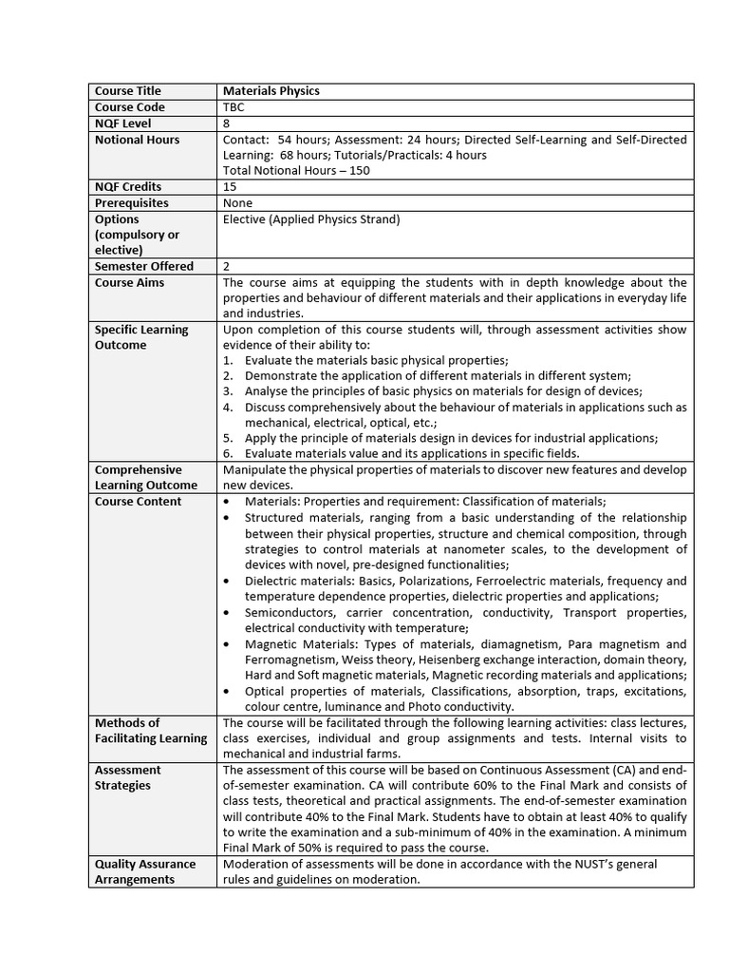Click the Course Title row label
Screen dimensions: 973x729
[128, 91]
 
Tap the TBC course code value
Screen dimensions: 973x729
[234, 107]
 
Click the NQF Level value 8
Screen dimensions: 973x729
[227, 124]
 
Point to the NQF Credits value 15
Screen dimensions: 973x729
[230, 187]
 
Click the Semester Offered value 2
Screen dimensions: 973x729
[227, 267]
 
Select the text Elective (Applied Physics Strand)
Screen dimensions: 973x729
[311, 219]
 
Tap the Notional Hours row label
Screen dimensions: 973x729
[138, 140]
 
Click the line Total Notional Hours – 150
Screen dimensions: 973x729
[296, 171]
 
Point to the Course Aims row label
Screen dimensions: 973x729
[129, 283]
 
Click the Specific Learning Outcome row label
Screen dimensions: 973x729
[141, 337]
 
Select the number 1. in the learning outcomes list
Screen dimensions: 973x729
[228, 361]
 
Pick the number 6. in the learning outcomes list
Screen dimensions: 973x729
[228, 454]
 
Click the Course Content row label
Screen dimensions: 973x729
[138, 502]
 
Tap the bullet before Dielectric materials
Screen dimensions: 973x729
[225, 581]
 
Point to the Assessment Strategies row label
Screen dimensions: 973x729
[128, 777]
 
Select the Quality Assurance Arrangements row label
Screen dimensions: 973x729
[145, 871]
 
